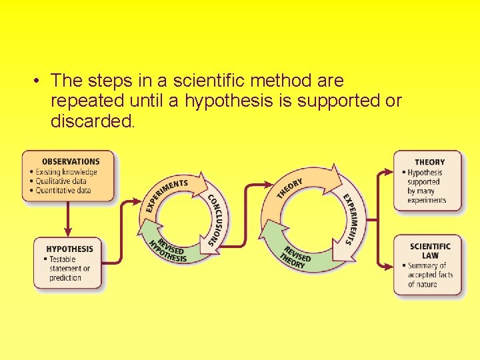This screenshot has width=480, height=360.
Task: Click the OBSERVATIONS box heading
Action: [71, 161]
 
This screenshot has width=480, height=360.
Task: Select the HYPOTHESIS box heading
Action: [70, 249]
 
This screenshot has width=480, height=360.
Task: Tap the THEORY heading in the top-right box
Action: [429, 162]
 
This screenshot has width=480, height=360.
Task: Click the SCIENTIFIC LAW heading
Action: [430, 251]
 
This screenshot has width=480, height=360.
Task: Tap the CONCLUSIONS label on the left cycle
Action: [217, 220]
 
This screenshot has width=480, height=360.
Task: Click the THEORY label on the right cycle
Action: [290, 188]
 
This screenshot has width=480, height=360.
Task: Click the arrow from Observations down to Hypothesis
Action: [68, 220]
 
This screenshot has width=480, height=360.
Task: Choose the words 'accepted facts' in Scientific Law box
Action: [430, 275]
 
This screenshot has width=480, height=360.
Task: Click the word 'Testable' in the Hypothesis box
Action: [63, 259]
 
